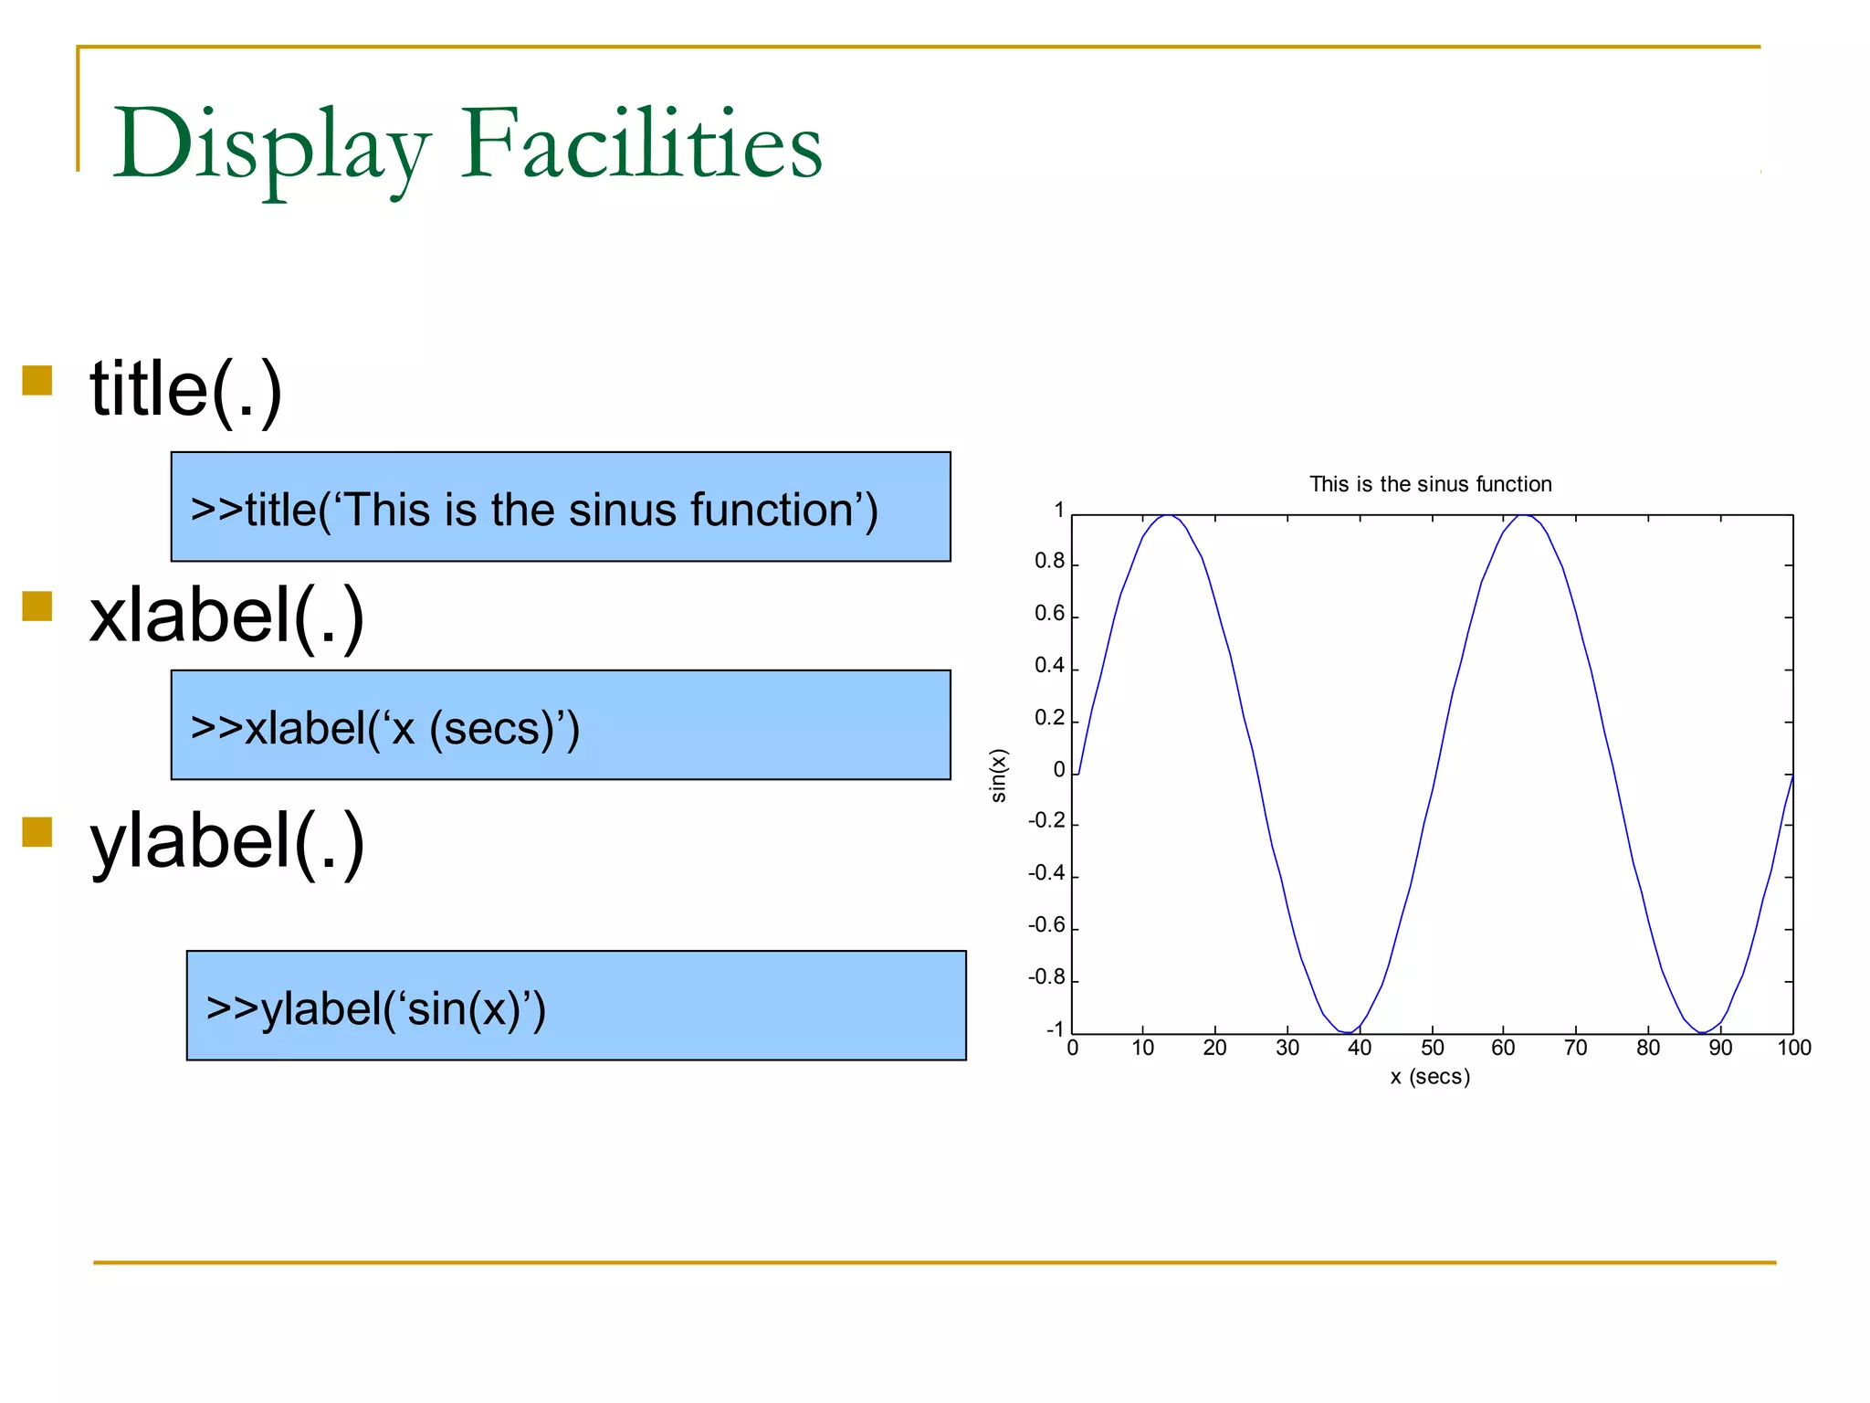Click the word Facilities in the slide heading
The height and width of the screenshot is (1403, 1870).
(x=641, y=144)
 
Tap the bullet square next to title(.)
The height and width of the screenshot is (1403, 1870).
(x=37, y=380)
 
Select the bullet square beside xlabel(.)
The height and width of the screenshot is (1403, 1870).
(x=37, y=606)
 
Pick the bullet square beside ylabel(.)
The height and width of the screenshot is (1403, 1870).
(x=37, y=832)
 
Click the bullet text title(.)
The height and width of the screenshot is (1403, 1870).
(x=186, y=389)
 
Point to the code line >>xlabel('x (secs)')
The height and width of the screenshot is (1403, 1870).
(x=385, y=729)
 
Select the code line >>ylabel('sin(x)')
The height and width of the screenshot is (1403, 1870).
(x=376, y=1009)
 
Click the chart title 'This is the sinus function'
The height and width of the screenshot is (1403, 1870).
(x=1430, y=484)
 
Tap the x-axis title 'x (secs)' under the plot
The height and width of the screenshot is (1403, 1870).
(x=1430, y=1077)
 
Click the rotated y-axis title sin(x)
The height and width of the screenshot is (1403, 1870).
(x=999, y=775)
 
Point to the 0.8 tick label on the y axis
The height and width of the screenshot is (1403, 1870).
(x=1049, y=561)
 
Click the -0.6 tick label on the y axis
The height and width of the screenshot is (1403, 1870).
(x=1046, y=925)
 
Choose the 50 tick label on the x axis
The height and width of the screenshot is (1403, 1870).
(x=1432, y=1049)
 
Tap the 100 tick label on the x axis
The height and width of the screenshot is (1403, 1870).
(x=1793, y=1049)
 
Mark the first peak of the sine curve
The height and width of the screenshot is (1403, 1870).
(x=1168, y=516)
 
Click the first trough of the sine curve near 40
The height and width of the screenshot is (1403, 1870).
(x=1348, y=1032)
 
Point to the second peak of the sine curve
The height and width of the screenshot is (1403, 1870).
(x=1523, y=516)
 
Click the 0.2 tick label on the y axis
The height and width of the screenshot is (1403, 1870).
(x=1049, y=718)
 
